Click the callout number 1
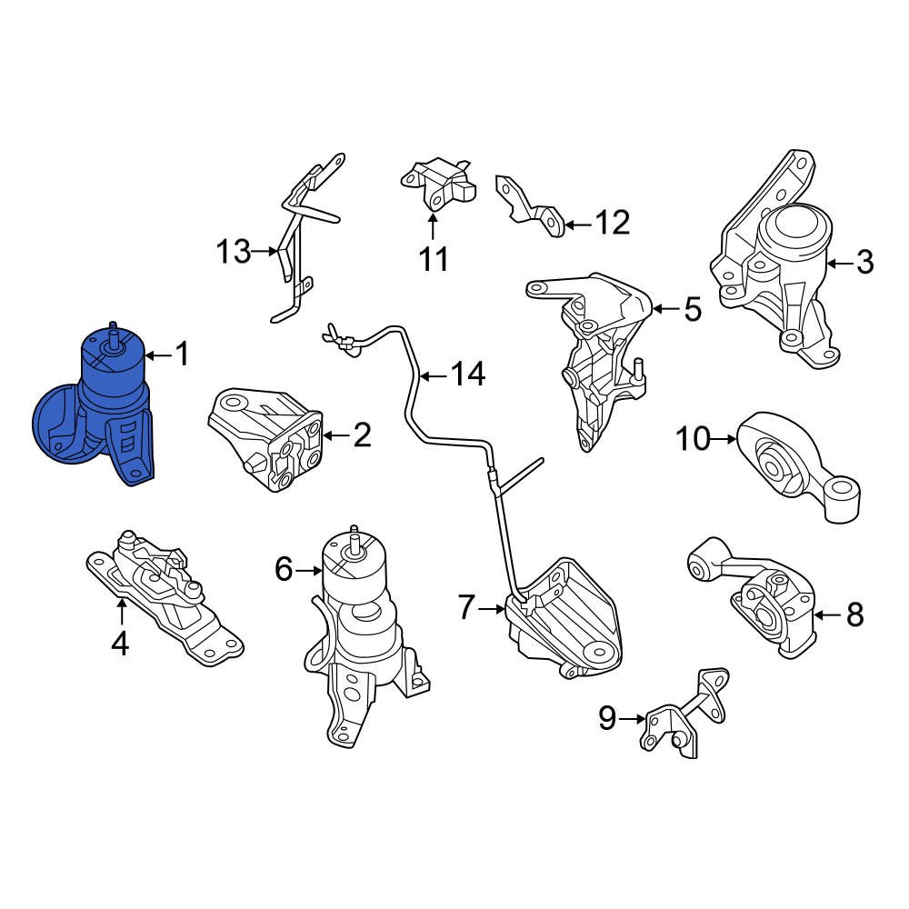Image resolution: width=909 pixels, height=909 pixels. pyautogui.click(x=182, y=354)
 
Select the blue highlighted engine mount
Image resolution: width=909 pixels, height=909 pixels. pyautogui.click(x=100, y=409)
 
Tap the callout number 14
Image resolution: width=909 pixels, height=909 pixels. pyautogui.click(x=469, y=374)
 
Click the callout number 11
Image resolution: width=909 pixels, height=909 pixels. pyautogui.click(x=434, y=259)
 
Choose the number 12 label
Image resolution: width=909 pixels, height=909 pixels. pyautogui.click(x=611, y=222)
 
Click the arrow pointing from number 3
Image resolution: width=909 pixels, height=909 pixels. pyautogui.click(x=838, y=264)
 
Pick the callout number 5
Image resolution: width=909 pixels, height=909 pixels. pyautogui.click(x=693, y=310)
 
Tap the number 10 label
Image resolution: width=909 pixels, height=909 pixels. pyautogui.click(x=692, y=440)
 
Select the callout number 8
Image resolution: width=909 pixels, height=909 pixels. pyautogui.click(x=854, y=615)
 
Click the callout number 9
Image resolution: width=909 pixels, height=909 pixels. pyautogui.click(x=607, y=720)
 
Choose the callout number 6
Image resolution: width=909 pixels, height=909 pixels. pyautogui.click(x=285, y=570)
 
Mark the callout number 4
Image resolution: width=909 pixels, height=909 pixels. pyautogui.click(x=120, y=644)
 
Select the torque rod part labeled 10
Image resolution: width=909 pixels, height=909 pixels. pyautogui.click(x=795, y=468)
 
